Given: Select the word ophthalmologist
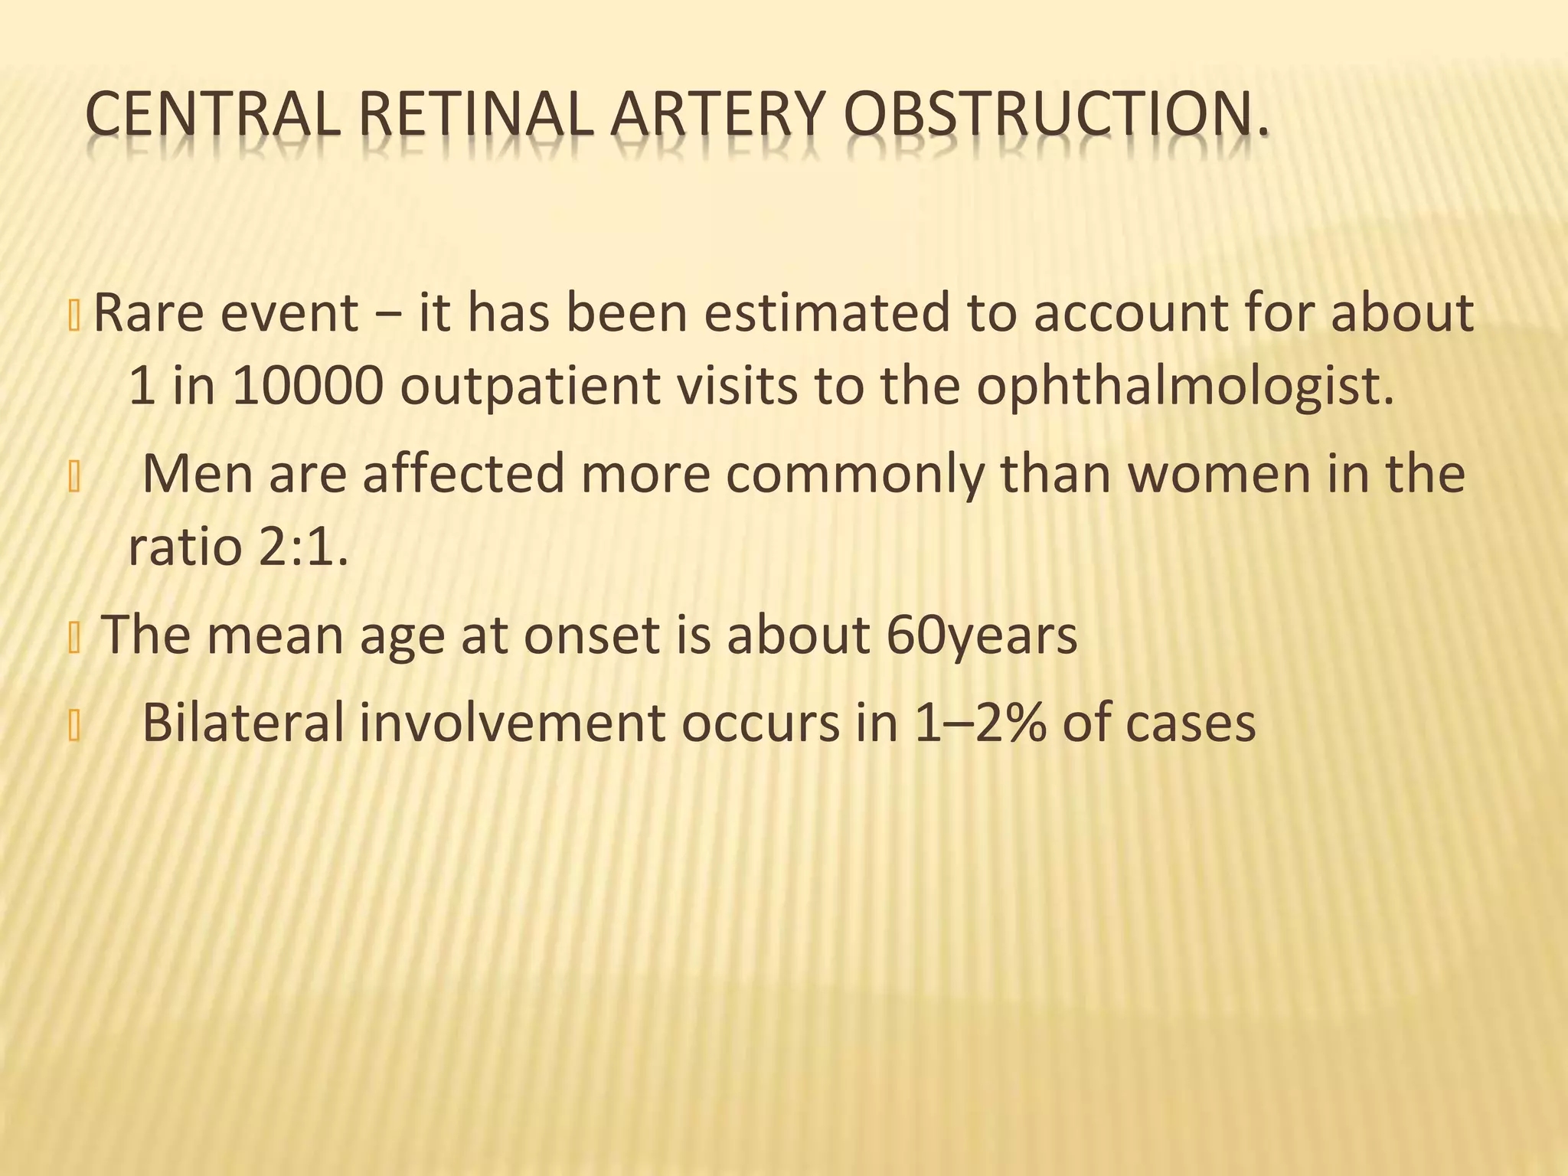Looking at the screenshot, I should tap(1184, 387).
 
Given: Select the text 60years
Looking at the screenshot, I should tap(982, 635).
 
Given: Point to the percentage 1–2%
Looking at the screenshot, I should tap(980, 722).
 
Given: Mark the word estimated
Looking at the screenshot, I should tap(827, 313).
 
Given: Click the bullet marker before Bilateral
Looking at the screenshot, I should tap(74, 727).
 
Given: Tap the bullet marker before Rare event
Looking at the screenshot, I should tap(74, 317).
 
